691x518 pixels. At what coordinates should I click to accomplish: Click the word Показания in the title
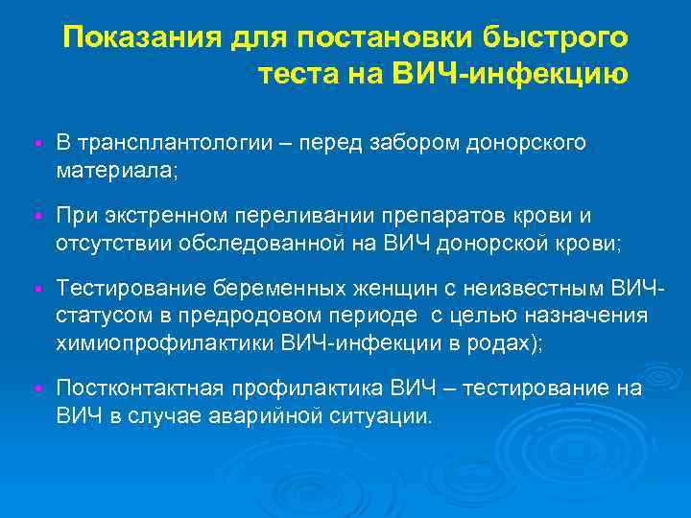tap(142, 39)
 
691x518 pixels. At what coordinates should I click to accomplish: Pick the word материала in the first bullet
tap(114, 171)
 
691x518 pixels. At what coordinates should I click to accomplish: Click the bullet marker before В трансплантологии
tap(35, 144)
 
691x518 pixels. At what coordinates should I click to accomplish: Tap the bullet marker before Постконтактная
tap(35, 389)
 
